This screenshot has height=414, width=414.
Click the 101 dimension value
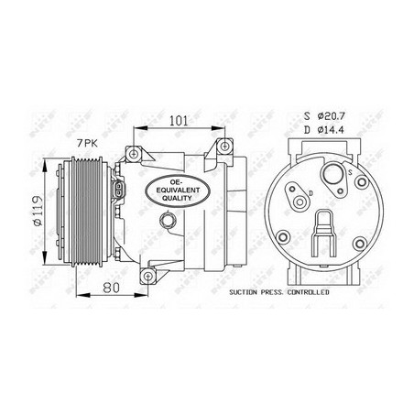(179, 121)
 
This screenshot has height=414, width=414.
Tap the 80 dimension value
(111, 288)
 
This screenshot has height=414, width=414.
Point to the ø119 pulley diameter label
(38, 211)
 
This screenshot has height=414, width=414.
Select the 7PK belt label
(87, 143)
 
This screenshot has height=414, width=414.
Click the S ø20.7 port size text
(324, 116)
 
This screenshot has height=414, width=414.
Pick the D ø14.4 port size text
(324, 130)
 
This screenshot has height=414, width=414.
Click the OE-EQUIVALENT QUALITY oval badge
(177, 191)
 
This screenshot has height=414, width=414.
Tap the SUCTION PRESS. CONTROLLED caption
(279, 292)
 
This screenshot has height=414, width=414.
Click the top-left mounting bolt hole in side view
(133, 154)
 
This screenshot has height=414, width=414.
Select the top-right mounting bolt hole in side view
(224, 146)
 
